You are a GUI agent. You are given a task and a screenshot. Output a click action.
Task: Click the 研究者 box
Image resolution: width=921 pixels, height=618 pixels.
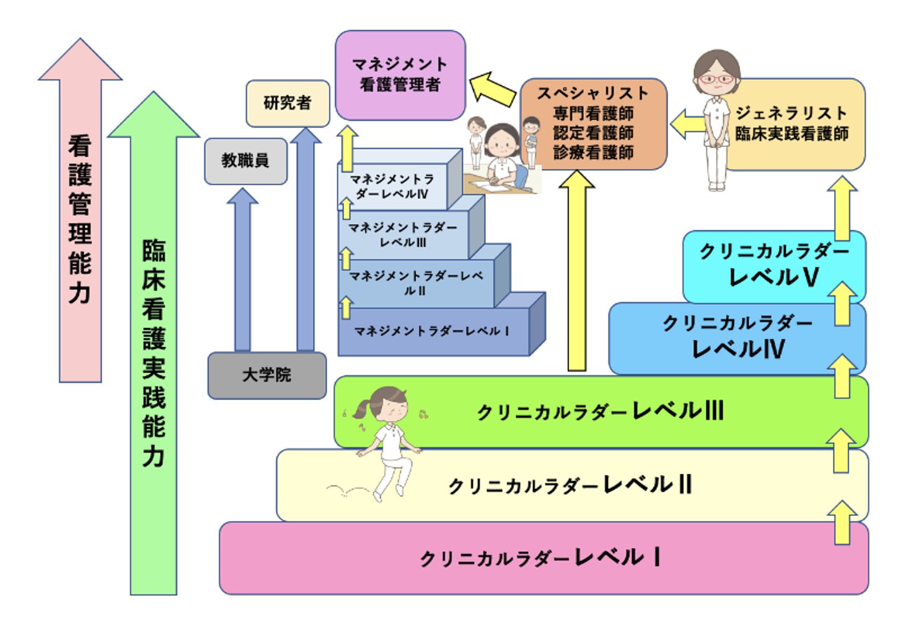tap(288, 103)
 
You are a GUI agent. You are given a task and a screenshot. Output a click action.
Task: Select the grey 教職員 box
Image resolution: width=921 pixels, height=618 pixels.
tap(245, 161)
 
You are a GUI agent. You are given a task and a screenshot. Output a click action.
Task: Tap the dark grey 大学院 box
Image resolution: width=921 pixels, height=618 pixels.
tap(267, 375)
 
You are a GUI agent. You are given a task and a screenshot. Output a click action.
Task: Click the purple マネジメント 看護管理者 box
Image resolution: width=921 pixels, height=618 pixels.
tap(400, 75)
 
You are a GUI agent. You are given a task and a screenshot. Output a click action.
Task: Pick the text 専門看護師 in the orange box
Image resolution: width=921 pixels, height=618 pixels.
tap(593, 113)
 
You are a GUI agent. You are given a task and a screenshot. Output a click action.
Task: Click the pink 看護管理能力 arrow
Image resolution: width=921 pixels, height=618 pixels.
tap(80, 217)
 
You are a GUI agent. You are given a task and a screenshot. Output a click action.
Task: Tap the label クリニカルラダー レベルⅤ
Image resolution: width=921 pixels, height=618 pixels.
tap(773, 265)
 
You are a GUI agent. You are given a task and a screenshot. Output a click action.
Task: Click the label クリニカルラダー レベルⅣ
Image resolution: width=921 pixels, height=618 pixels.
tap(738, 336)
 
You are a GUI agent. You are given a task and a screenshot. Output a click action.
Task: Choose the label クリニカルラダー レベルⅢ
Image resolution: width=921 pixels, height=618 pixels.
tap(600, 411)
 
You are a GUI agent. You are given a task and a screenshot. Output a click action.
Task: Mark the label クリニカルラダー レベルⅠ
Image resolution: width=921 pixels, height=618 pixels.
tap(539, 558)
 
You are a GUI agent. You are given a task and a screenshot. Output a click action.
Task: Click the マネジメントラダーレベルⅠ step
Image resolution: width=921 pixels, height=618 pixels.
tap(431, 331)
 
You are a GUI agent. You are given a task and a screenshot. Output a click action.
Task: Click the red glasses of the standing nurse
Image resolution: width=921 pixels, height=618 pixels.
tap(716, 79)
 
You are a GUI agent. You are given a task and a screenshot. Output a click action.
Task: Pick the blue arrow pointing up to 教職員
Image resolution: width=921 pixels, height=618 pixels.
tap(242, 272)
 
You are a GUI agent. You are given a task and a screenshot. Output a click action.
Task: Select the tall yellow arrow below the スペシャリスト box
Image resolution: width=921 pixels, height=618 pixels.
tap(576, 272)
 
